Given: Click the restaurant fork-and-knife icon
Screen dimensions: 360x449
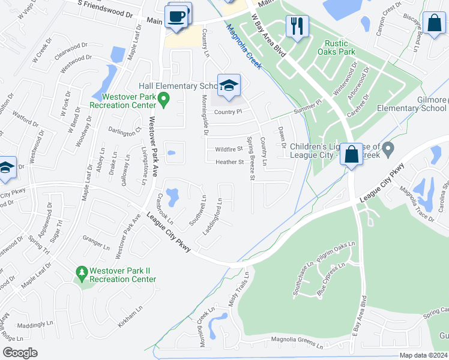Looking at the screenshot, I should [x=297, y=26].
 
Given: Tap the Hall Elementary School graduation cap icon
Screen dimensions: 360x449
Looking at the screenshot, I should [x=229, y=86].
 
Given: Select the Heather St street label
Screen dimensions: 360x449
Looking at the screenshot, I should [x=229, y=162].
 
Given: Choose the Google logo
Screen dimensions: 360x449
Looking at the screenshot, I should [x=20, y=353].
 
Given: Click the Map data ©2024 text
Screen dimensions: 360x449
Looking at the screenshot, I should [x=423, y=355].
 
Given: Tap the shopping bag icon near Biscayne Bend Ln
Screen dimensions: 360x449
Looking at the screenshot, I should [x=433, y=24].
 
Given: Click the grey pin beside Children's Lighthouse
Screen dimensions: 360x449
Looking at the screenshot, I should [x=388, y=147].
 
